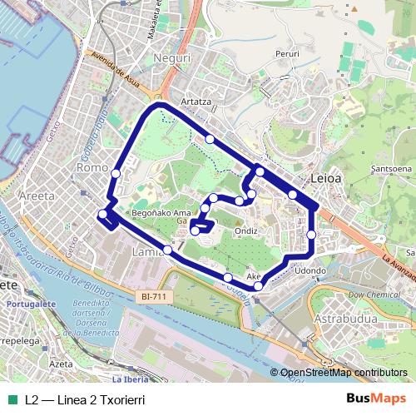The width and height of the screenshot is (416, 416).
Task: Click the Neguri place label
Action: [x=173, y=60]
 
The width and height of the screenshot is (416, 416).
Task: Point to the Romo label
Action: [x=88, y=168]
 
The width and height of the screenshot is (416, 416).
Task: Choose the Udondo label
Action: [x=310, y=270]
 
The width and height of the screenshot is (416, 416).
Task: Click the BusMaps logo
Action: [x=381, y=399]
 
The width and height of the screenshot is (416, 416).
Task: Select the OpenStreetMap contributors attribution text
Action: [x=344, y=373]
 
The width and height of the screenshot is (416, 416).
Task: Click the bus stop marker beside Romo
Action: [x=115, y=173]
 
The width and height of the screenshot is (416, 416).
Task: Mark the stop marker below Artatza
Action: [x=210, y=139]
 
